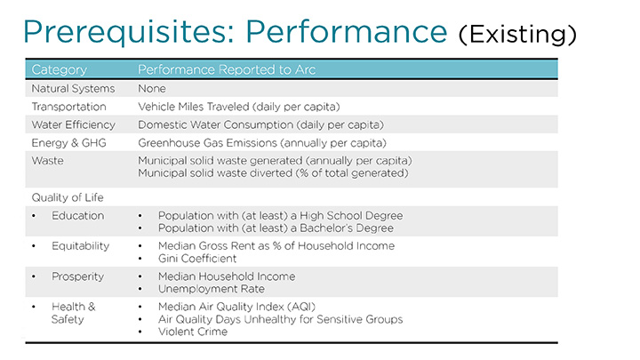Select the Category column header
[x=59, y=69]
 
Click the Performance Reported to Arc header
[x=227, y=69]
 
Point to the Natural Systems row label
[x=73, y=89]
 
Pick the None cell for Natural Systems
[x=152, y=89]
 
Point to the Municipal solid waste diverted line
[x=272, y=172]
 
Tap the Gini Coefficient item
[x=197, y=258]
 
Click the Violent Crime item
[x=192, y=332]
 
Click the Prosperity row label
[x=78, y=276]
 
